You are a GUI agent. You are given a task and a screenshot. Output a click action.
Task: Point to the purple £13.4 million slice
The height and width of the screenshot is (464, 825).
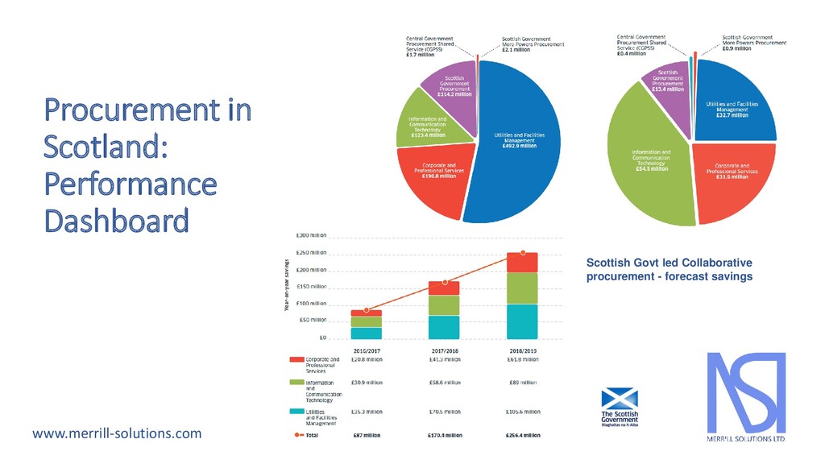point(668,84)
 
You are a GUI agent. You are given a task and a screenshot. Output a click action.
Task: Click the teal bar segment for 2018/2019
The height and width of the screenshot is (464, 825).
point(523,321)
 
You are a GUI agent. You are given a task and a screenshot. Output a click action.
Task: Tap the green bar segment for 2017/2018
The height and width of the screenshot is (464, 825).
point(444,305)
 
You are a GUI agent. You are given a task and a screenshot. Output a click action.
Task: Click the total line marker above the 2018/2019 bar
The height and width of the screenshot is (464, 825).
point(523,252)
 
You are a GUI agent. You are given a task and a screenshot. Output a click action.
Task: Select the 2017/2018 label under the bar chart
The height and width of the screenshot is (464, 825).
point(444,352)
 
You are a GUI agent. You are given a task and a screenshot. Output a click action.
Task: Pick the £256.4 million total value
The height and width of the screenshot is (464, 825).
point(523,436)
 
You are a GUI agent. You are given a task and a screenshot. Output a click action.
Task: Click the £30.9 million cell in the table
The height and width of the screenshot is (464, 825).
point(366,383)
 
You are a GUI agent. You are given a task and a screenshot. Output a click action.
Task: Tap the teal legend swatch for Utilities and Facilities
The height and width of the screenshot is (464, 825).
point(296,412)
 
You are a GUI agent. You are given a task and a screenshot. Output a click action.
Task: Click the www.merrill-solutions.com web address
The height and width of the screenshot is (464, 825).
point(117,434)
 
